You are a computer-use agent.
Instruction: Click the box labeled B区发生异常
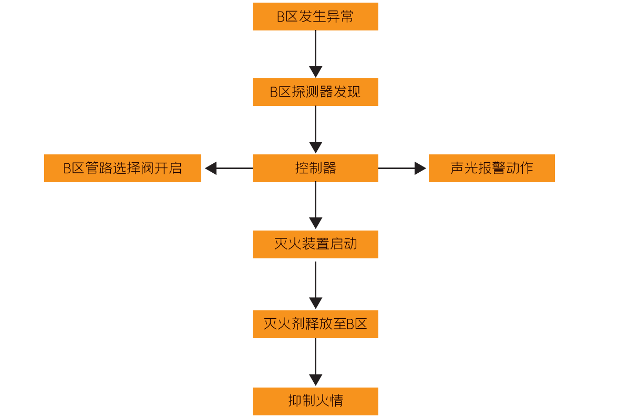tap(315, 16)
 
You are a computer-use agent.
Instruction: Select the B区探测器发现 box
tap(315, 92)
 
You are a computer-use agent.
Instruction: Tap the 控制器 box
tap(315, 168)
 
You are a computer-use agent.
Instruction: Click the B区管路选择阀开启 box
tap(122, 168)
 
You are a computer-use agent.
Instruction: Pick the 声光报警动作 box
tap(491, 168)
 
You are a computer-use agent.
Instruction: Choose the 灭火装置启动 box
tap(315, 244)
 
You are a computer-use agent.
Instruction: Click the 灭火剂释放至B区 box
tap(315, 324)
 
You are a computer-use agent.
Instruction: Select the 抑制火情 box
tap(315, 401)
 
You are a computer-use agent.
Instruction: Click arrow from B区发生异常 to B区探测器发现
tap(315, 53)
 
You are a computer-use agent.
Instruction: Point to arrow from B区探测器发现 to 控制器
tap(315, 129)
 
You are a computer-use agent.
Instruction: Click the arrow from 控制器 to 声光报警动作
tap(402, 168)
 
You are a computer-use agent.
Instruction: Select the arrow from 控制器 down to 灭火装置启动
tap(315, 205)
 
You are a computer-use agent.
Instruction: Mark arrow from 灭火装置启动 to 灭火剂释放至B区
tap(315, 285)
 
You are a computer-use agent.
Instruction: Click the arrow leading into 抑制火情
tap(315, 362)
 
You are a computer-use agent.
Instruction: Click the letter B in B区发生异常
tap(281, 17)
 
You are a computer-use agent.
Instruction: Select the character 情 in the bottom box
tap(336, 401)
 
